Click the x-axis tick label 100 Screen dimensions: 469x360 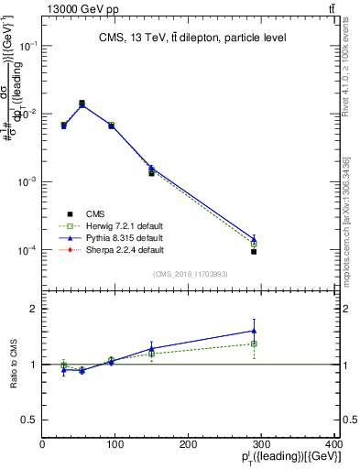click(115, 445)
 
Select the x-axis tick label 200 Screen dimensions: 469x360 click(190, 445)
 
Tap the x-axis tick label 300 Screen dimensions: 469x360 click(263, 445)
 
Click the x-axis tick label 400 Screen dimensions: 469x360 click(333, 445)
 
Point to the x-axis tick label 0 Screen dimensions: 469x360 click(42, 445)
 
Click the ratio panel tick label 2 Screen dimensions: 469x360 click(33, 309)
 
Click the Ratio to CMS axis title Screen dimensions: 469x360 click(12, 365)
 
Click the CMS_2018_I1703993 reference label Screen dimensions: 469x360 click(190, 274)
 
